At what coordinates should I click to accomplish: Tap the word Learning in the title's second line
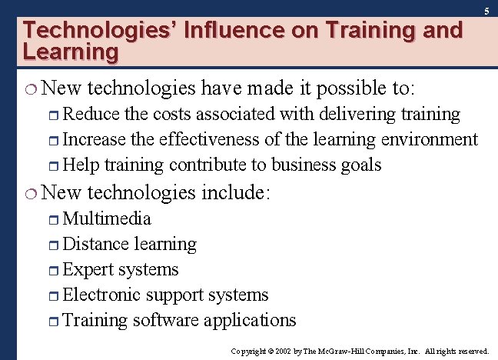tap(71, 52)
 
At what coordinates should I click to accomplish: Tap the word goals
tap(362, 165)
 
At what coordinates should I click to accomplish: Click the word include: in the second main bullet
tap(235, 192)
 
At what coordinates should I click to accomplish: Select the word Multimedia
tap(107, 218)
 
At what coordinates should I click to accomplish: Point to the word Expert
tap(88, 270)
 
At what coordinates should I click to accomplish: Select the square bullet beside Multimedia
tap(55, 219)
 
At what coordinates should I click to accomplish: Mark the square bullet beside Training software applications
tap(55, 321)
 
